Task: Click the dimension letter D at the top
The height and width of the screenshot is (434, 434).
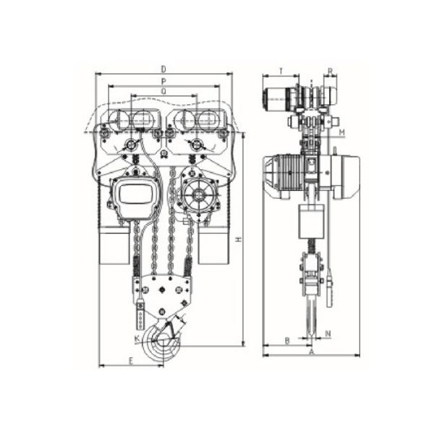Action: coord(163,69)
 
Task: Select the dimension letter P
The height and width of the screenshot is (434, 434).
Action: coord(163,81)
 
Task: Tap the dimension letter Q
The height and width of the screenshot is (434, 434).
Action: coord(164,92)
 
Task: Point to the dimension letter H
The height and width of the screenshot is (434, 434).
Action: coord(239,239)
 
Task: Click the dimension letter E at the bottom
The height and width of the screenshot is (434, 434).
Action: coord(131,361)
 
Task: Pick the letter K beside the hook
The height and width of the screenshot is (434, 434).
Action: coord(137,339)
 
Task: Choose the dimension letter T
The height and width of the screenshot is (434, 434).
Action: coord(281,71)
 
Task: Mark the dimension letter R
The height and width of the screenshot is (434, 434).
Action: coord(331,72)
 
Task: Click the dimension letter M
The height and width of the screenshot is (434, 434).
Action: coord(342,132)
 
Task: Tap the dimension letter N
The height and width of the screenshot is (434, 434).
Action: coord(328,333)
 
